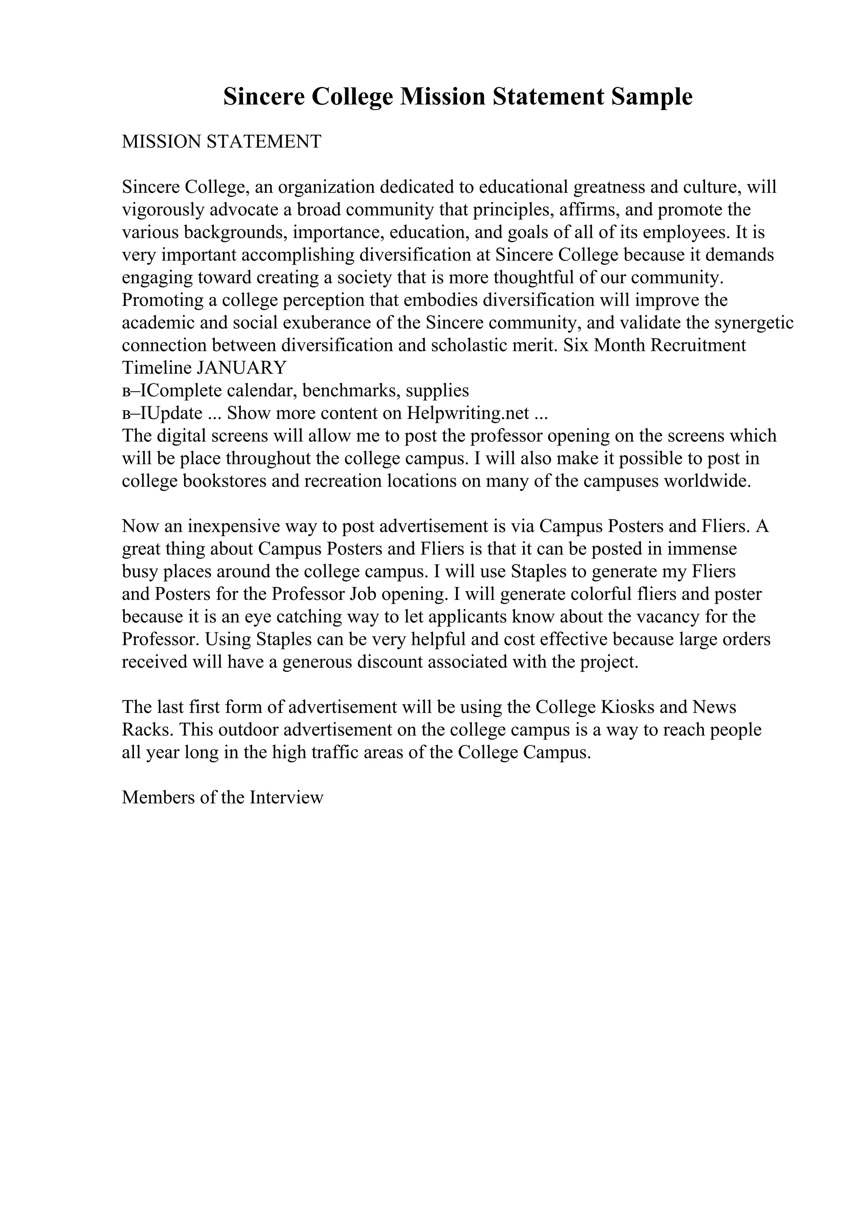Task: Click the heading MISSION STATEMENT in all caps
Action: [x=221, y=142]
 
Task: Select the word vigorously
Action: [x=164, y=210]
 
